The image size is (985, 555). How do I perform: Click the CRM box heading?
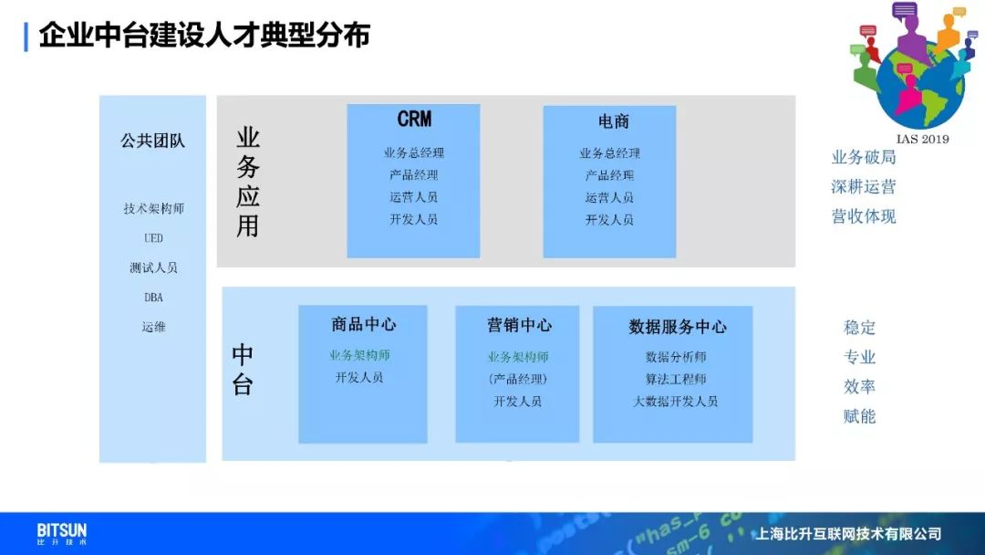click(414, 119)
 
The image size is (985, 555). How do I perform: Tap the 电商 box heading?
click(613, 121)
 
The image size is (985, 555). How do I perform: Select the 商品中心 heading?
click(364, 324)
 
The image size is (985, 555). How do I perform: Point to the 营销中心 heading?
click(519, 325)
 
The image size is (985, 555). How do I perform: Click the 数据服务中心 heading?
click(677, 327)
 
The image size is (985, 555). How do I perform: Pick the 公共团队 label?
click(152, 141)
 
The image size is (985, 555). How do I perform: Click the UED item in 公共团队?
click(153, 238)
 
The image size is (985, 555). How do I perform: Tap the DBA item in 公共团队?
click(153, 298)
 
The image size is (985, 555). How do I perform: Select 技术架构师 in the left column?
click(153, 209)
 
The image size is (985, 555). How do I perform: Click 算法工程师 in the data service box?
click(675, 379)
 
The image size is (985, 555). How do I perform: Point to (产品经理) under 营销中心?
click(518, 379)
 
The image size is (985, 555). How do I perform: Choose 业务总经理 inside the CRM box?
click(413, 152)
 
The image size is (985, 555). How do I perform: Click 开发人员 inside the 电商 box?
click(609, 220)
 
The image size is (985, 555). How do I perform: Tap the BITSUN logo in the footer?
click(62, 534)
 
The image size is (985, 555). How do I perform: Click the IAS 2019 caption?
click(922, 139)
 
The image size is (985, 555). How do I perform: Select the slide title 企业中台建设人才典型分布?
click(205, 36)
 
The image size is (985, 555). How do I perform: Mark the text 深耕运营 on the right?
click(863, 187)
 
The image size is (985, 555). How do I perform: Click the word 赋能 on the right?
click(859, 416)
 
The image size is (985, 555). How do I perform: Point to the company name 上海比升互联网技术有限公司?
click(848, 534)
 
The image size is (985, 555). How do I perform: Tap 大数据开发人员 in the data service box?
click(675, 401)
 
